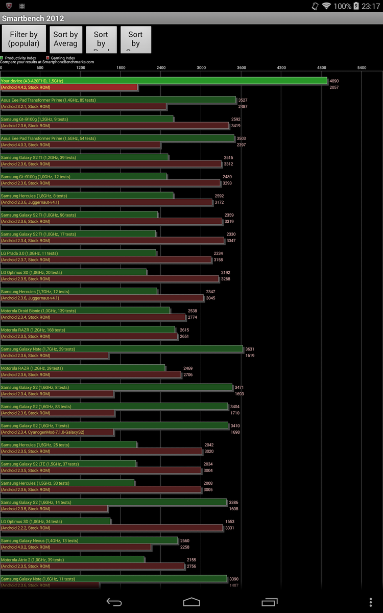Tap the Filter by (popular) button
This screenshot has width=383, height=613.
pos(23,39)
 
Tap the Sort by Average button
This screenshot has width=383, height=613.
pos(65,39)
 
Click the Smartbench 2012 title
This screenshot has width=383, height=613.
pos(33,19)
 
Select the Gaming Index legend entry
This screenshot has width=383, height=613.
pos(62,58)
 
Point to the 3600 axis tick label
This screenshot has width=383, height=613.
pos(242,67)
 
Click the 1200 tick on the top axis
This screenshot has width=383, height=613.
pos(81,67)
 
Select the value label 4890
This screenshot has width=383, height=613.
pos(334,81)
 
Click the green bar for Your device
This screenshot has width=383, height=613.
pos(163,81)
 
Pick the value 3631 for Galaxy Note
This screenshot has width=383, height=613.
pos(250,349)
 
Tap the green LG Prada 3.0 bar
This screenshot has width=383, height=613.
pos(78,253)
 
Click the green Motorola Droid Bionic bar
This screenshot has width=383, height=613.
pos(85,311)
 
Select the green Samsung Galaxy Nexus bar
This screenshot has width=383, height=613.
pos(89,540)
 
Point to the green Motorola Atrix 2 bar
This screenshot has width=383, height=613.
pos(72,560)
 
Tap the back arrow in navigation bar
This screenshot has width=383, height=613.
pos(114,602)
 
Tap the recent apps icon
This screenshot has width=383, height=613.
pos(269,602)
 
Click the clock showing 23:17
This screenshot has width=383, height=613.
pos(370,6)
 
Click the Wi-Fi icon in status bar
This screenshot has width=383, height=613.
pos(326,6)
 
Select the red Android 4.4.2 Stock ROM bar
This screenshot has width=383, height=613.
pos(69,87)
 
